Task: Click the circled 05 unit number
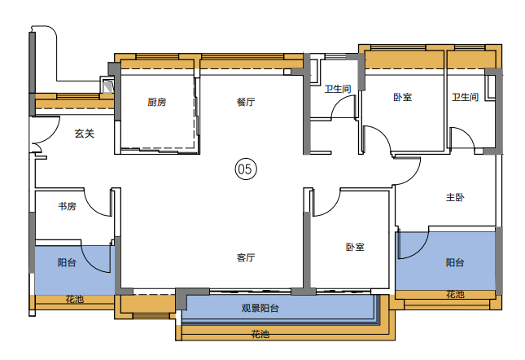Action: pyautogui.click(x=246, y=169)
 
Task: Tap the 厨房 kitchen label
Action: pyautogui.click(x=157, y=102)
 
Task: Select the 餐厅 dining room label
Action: pyautogui.click(x=246, y=102)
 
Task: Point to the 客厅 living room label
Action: pyautogui.click(x=246, y=257)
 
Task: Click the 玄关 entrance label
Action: pyautogui.click(x=85, y=134)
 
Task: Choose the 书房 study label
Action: pyautogui.click(x=67, y=206)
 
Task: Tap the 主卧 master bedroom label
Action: pyautogui.click(x=455, y=197)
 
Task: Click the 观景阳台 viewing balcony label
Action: pyautogui.click(x=260, y=308)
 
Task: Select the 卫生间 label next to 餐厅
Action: pyautogui.click(x=338, y=89)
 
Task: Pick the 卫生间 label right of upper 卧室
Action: pyautogui.click(x=465, y=97)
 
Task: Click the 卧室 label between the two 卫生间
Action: pyautogui.click(x=402, y=97)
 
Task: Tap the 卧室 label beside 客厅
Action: pyautogui.click(x=355, y=247)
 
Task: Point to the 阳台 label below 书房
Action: pyautogui.click(x=67, y=262)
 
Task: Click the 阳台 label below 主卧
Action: pyautogui.click(x=455, y=262)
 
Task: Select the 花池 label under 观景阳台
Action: pyautogui.click(x=260, y=334)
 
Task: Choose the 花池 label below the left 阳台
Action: pyautogui.click(x=74, y=299)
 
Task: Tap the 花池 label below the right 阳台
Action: pyautogui.click(x=455, y=294)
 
